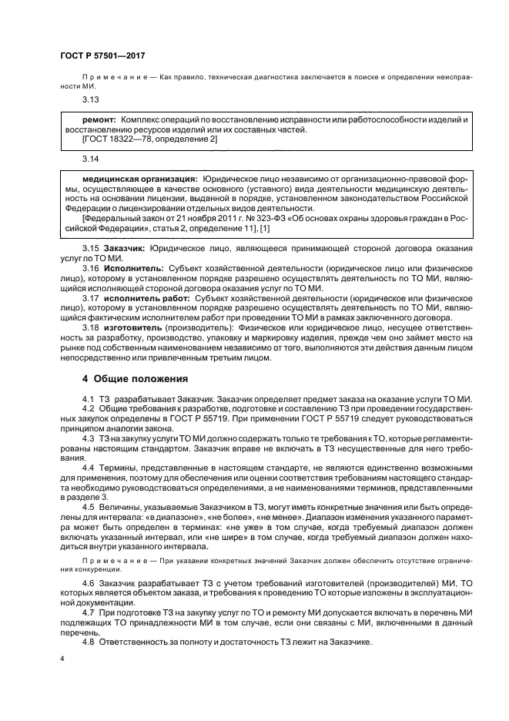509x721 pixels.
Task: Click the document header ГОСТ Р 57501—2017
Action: click(102, 57)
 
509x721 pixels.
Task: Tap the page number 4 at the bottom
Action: click(62, 660)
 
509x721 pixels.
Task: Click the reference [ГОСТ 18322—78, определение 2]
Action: click(149, 139)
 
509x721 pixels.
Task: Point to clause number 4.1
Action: click(88, 397)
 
